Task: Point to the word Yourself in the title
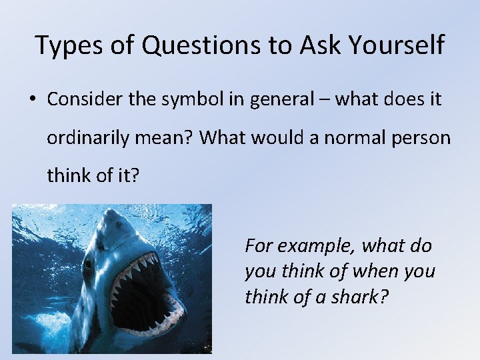click(399, 45)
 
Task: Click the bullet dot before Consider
click(32, 101)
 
